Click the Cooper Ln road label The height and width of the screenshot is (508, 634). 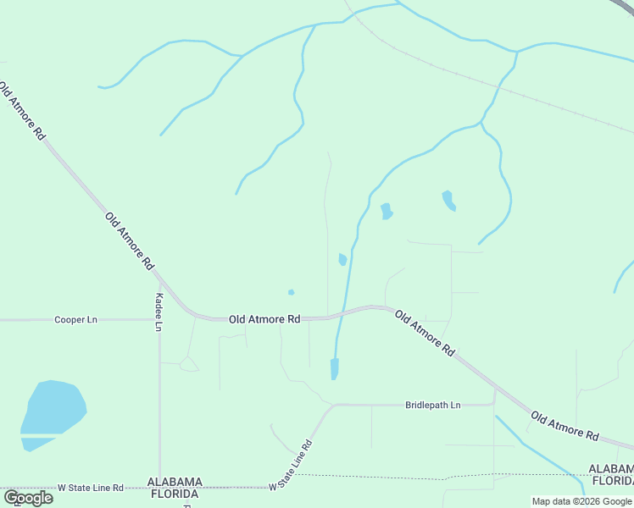point(76,320)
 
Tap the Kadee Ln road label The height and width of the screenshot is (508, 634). point(158,312)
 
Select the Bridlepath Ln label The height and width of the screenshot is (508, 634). point(432,406)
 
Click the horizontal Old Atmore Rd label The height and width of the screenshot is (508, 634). point(264,319)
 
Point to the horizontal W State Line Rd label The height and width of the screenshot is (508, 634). point(91,489)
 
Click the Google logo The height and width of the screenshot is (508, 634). point(28,498)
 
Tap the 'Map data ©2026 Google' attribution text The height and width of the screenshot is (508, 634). point(581,501)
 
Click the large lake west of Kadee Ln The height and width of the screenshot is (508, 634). point(53,410)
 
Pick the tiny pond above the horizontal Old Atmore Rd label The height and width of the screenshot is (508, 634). point(291,293)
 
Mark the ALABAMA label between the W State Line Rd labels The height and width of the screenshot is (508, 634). point(174,481)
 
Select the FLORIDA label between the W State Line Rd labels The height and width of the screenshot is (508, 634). point(174,493)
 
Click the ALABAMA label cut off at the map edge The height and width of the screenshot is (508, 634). point(612,469)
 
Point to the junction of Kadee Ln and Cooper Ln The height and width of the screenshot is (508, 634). point(159,320)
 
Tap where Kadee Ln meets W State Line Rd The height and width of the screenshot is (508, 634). point(159,488)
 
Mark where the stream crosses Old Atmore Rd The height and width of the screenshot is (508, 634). point(342,313)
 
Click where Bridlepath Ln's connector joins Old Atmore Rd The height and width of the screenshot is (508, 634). point(495,389)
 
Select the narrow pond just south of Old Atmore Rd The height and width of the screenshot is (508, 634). point(334,368)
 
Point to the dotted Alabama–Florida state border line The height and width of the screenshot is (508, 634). point(381,476)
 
